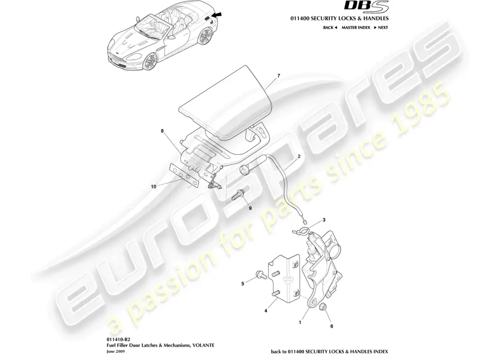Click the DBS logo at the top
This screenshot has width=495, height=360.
(x=366, y=7)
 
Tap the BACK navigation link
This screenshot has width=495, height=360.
(x=330, y=27)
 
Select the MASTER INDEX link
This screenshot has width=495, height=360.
(x=356, y=27)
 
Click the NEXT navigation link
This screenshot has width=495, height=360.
(x=381, y=27)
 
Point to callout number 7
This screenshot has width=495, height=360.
(x=279, y=76)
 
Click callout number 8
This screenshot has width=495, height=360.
(x=162, y=131)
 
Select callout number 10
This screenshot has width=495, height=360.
(x=153, y=187)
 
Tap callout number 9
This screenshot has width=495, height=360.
(x=250, y=208)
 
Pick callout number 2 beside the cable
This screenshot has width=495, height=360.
(x=299, y=156)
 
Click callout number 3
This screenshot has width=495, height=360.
(x=324, y=220)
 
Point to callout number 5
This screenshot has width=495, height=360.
(x=243, y=283)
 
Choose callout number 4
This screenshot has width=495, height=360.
(x=266, y=311)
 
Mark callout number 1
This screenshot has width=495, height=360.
(x=300, y=322)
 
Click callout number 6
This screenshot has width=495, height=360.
(x=332, y=326)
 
